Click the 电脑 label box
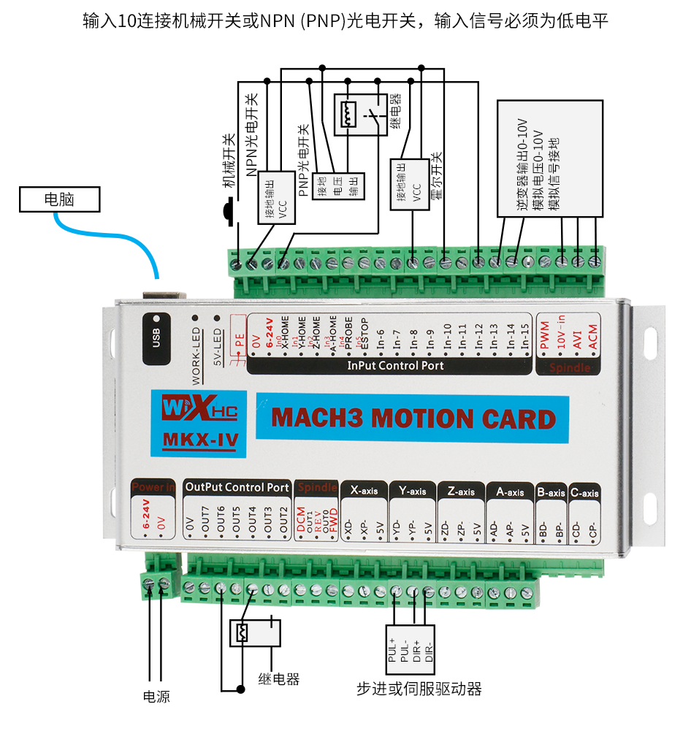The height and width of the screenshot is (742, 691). point(59,199)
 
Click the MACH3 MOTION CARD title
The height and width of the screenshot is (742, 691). point(413,419)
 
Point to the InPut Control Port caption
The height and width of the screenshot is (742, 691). point(395,365)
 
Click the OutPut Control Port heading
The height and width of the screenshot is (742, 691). point(237,487)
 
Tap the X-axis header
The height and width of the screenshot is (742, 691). point(364,491)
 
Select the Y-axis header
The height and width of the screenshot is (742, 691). point(412,491)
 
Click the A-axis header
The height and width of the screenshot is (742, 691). point(509,492)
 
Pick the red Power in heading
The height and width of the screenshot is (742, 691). point(153,487)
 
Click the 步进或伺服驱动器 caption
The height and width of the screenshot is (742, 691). point(419,689)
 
